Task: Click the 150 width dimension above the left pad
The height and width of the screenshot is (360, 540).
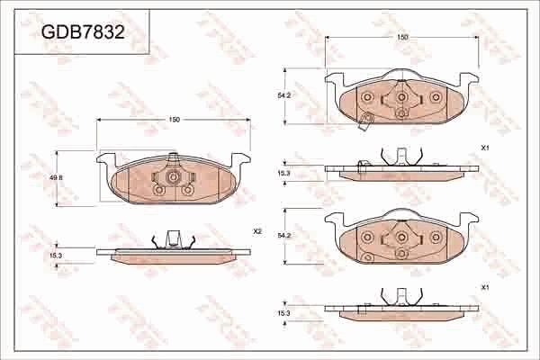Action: (174, 120)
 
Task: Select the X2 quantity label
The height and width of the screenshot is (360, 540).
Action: (256, 231)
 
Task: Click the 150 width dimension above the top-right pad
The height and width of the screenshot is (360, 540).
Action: (402, 37)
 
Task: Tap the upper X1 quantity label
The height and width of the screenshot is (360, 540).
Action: (484, 147)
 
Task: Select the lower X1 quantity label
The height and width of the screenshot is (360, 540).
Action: (484, 287)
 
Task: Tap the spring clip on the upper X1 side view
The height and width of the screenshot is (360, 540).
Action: (400, 157)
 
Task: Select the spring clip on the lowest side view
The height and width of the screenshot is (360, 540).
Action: (400, 297)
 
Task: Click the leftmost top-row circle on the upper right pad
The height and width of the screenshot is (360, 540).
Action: (367, 97)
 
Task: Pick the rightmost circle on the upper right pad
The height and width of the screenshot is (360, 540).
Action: (436, 97)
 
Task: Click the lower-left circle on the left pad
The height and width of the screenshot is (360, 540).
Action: (159, 190)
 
